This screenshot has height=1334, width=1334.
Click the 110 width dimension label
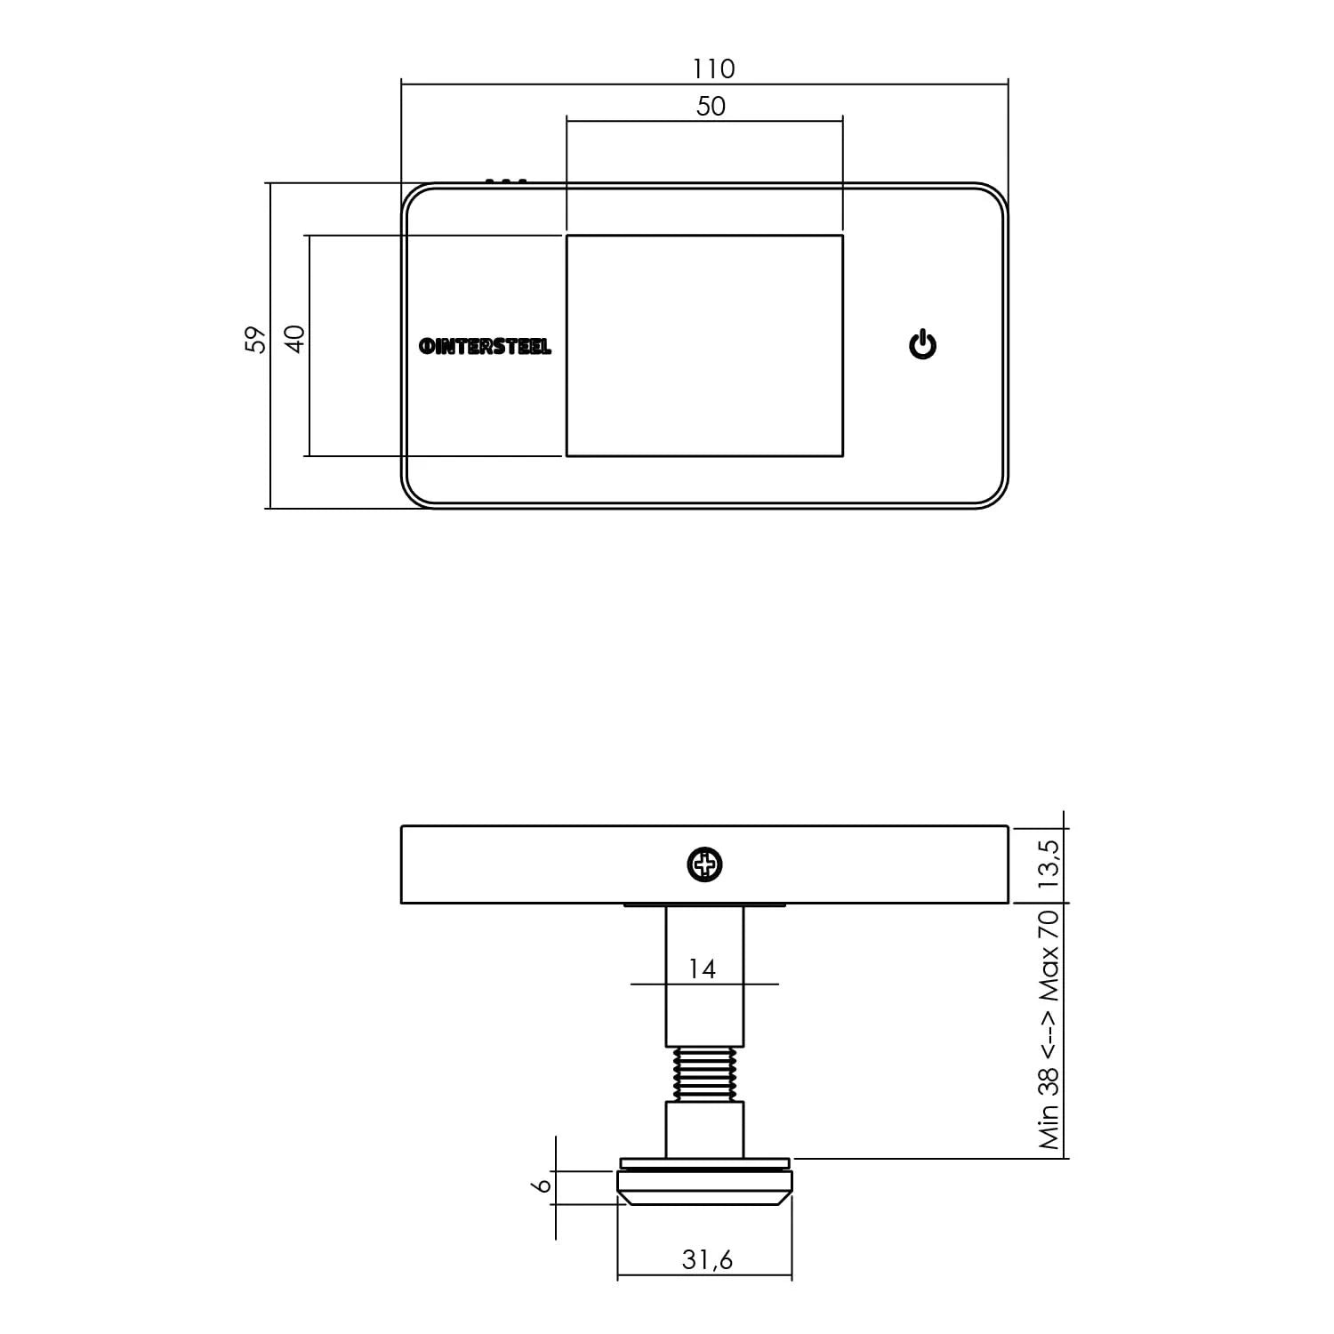point(713,68)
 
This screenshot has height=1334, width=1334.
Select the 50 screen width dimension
point(711,107)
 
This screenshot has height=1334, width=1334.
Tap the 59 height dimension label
point(255,339)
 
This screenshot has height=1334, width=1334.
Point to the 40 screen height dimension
point(295,339)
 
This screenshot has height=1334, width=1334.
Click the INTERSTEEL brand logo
point(485,347)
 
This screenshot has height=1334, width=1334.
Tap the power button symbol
point(922,344)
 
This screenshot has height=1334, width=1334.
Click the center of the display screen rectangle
point(704,346)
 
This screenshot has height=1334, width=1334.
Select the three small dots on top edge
point(506,181)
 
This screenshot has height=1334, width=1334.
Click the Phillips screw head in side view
point(705,864)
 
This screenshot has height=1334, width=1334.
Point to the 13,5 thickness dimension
point(1049,864)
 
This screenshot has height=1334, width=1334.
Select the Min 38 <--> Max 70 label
point(1049,1029)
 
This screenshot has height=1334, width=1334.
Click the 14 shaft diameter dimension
point(702,968)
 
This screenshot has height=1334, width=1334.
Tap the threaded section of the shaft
point(704,1074)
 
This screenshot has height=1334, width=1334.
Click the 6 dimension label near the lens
point(542,1186)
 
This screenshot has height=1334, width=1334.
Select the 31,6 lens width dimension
point(707,1259)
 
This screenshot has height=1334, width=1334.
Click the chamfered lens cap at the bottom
point(704,1192)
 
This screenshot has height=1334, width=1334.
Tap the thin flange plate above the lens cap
point(704,1162)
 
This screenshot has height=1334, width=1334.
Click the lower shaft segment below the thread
point(704,1129)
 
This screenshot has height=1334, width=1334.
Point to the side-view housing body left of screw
point(534,864)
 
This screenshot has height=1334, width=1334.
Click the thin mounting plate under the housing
point(704,906)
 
